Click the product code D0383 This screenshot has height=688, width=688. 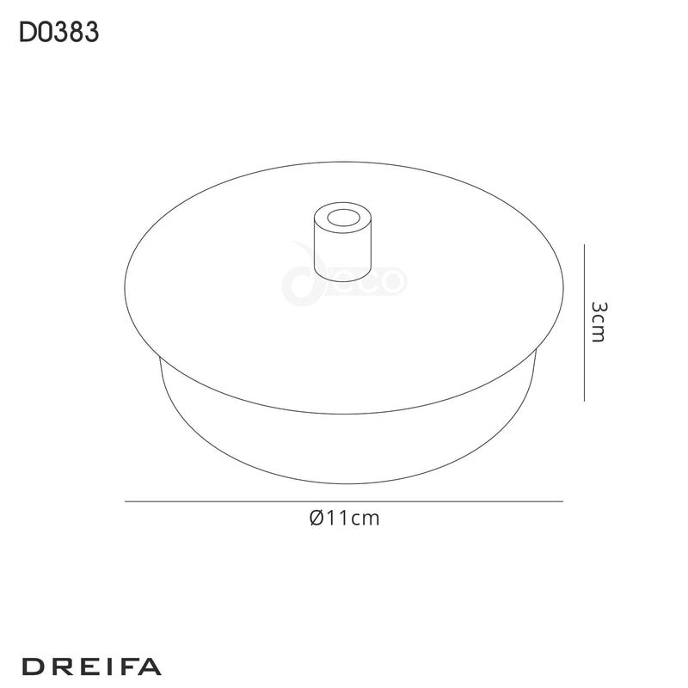58,32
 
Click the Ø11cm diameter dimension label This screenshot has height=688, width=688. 343,518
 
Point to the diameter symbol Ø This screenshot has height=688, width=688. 314,518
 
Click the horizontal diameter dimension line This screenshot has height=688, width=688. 344,501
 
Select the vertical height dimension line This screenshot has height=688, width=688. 585,322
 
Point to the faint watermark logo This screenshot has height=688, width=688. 344,278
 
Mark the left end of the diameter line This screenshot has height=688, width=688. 126,501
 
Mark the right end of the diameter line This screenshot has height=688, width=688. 562,501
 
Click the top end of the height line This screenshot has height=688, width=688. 585,245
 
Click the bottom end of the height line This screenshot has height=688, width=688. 585,400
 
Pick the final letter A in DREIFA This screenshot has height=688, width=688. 151,666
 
